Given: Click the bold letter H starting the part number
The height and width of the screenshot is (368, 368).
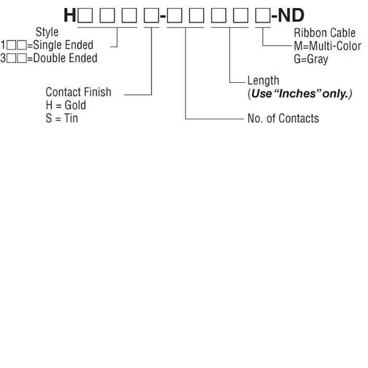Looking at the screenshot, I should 69,15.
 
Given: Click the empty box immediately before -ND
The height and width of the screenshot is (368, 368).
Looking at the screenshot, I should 263,15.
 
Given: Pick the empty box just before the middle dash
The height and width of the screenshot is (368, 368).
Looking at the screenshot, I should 150,15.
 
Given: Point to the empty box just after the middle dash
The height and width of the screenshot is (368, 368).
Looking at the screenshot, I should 174,15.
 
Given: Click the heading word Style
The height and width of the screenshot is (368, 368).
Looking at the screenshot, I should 47,33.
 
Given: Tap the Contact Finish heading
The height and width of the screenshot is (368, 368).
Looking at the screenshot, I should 79,92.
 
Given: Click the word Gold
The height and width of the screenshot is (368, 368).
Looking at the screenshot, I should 76,105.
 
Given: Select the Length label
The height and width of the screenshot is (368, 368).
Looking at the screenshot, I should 263,80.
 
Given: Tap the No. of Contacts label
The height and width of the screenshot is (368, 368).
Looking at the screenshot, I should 283,118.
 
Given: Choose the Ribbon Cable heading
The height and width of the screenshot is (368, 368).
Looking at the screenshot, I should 324,34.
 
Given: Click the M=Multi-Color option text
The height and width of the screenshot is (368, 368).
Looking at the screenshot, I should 328,46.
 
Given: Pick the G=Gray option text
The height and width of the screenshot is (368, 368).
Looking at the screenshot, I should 310,59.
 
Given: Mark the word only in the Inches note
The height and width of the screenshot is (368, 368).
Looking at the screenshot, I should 336,94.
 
